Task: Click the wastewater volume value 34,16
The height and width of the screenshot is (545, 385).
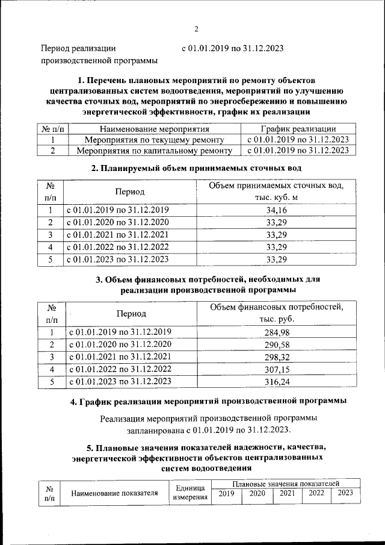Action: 276,210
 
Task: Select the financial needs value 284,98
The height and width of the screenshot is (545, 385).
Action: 277,332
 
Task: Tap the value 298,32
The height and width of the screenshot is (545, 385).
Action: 277,357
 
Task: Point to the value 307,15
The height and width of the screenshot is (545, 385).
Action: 277,369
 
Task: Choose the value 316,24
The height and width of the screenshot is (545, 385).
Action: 277,381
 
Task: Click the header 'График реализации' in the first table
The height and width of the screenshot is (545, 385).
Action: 298,129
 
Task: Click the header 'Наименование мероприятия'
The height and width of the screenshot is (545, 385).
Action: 154,129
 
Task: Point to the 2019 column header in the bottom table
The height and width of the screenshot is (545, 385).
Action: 226,493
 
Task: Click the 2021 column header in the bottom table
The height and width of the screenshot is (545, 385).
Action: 287,493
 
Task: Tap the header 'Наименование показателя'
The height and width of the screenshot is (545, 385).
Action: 114,493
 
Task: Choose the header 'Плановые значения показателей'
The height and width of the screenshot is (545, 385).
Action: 286,484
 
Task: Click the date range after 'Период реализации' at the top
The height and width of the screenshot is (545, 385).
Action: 232,48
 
